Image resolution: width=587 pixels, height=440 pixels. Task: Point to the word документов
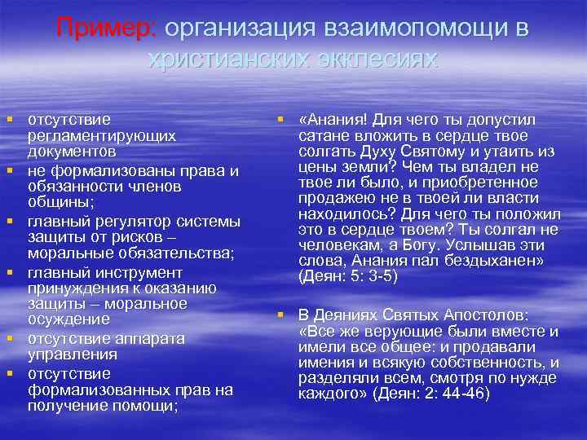(x=72, y=152)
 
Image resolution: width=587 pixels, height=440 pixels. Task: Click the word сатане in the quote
(x=324, y=136)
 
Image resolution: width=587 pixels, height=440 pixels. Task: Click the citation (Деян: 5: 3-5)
(x=348, y=277)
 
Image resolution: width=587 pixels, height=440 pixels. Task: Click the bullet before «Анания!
(x=281, y=121)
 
